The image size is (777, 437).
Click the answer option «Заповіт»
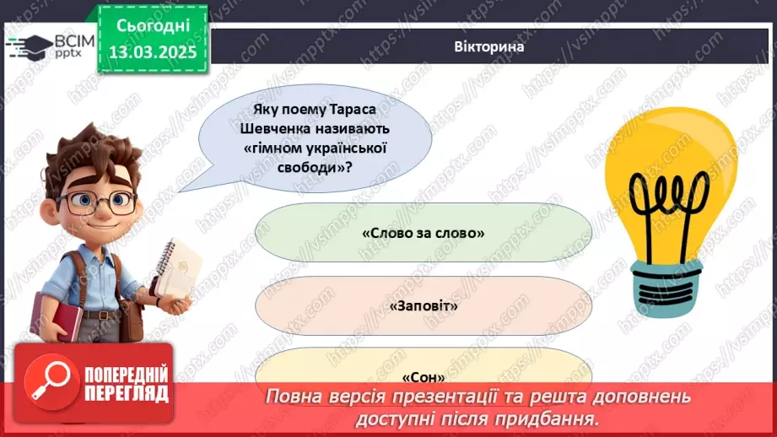(x=424, y=305)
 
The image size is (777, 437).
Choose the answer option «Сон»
(x=424, y=376)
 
